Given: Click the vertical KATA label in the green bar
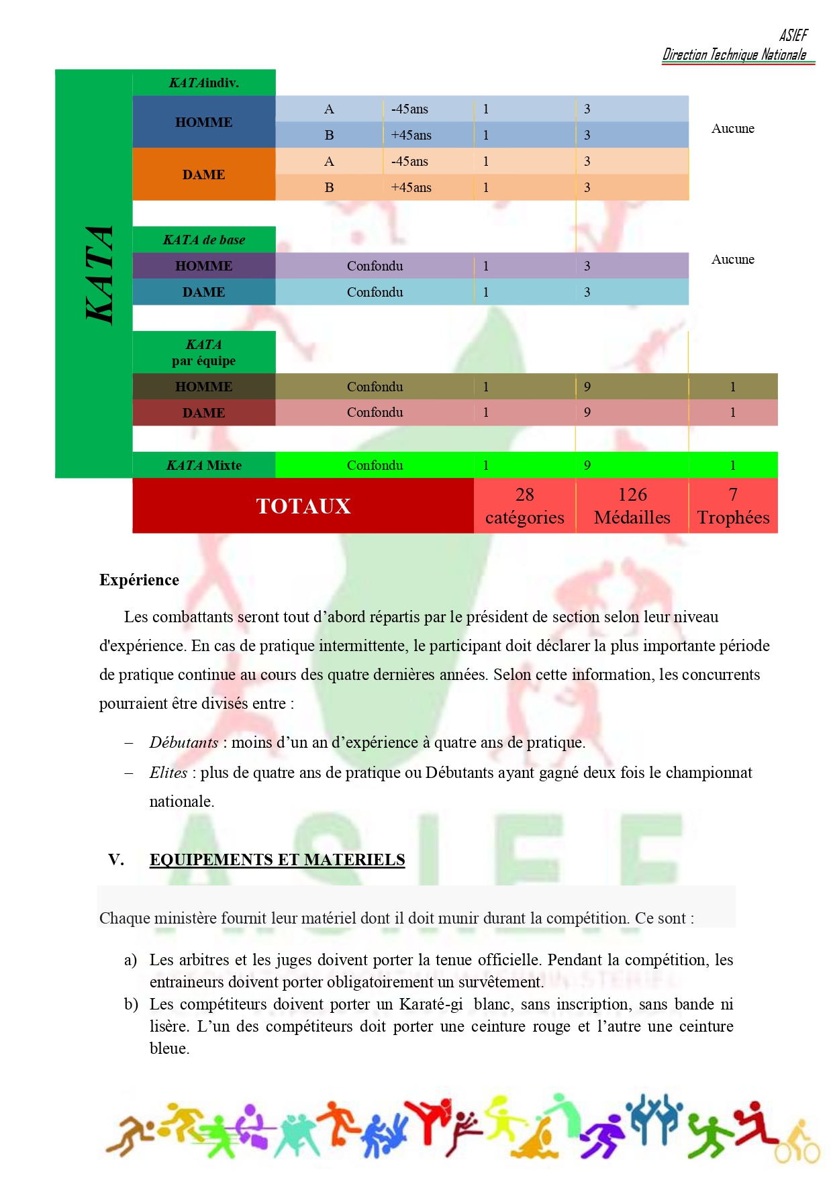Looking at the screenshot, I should (x=99, y=275).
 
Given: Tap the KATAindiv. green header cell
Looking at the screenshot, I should (x=203, y=83).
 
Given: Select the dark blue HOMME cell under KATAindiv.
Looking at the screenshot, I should (x=203, y=122).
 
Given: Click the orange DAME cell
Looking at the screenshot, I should (x=203, y=175).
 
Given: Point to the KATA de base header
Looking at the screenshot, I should (x=203, y=240).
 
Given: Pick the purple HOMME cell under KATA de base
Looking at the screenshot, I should (x=203, y=266).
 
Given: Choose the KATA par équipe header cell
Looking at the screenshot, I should (x=203, y=352).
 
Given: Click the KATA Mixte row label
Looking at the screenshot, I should (x=203, y=465).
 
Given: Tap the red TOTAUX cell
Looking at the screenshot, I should (x=303, y=506).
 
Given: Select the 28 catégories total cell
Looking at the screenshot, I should (x=525, y=506).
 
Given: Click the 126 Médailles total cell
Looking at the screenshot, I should (x=632, y=506).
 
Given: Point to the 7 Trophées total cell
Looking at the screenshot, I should (x=733, y=506).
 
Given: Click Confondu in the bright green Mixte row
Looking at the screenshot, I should (x=375, y=465).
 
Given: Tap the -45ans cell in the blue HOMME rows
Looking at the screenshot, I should (x=409, y=109).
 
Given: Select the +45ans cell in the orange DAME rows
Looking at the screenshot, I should (x=411, y=187).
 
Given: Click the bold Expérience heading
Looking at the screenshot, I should (x=139, y=580).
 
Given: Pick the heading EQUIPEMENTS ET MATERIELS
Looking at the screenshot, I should (x=277, y=860).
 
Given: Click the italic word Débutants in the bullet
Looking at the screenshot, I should (x=183, y=742).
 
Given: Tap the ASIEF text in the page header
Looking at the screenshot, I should (x=793, y=35).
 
